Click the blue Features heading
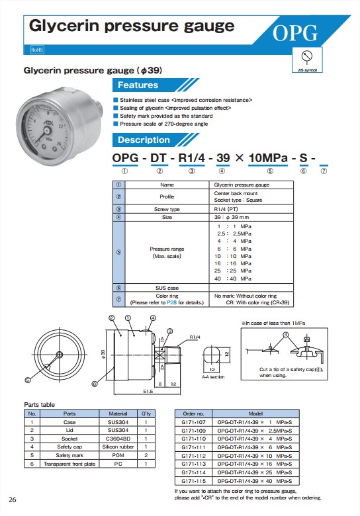click(138, 85)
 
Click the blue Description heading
click(144, 140)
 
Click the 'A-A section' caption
click(213, 376)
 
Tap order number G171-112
click(194, 455)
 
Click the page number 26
click(13, 498)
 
